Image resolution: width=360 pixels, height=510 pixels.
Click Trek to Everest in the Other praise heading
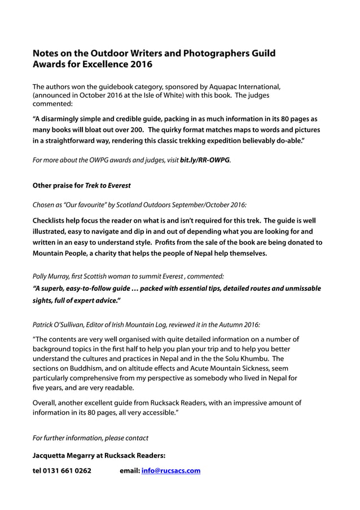pyautogui.click(x=108, y=185)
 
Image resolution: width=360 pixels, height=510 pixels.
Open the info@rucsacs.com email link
pyautogui.click(x=170, y=470)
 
